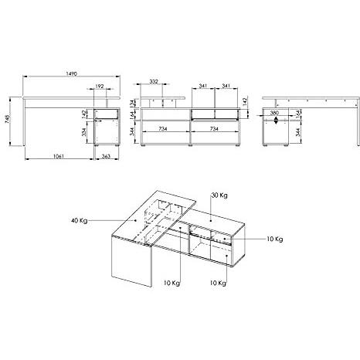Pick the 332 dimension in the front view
pos(155,81)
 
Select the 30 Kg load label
pos(219,196)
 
